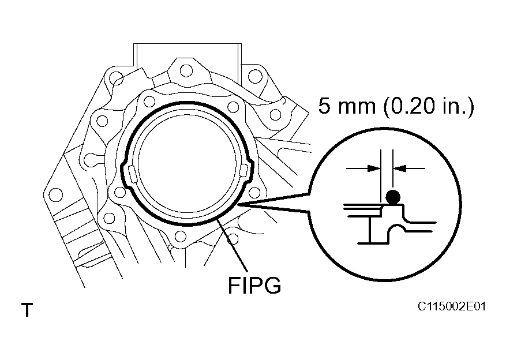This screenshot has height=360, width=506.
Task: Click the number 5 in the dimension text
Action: [325, 107]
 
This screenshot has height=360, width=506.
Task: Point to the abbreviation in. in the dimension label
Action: [456, 107]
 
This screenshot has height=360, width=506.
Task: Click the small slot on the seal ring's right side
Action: [244, 169]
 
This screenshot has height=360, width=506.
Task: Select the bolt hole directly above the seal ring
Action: [186, 70]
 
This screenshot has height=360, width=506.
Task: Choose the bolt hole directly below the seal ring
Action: [180, 235]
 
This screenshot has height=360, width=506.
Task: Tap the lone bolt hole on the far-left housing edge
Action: [56, 194]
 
